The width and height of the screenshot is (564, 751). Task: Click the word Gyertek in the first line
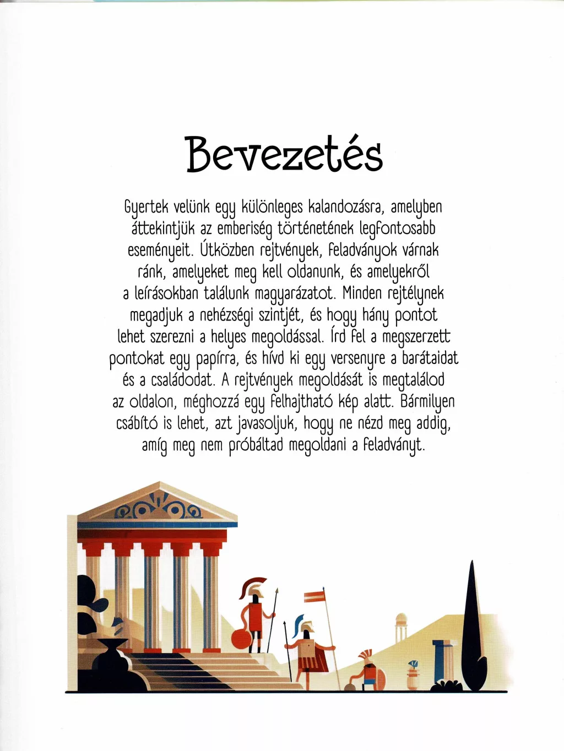coord(145,207)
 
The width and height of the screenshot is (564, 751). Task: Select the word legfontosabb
coord(397,228)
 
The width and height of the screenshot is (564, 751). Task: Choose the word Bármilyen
coord(427,401)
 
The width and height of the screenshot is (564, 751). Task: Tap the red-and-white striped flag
coord(314,596)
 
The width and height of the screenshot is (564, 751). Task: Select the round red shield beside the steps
coord(241,640)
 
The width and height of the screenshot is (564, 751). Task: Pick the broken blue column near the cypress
coord(439,661)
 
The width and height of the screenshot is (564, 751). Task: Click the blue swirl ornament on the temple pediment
coord(159,510)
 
